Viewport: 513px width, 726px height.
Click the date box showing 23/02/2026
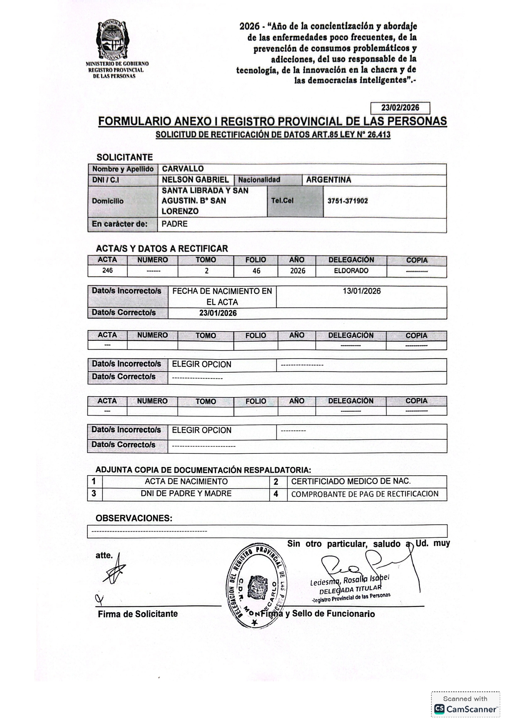coord(400,108)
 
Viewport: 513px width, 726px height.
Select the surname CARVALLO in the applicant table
coord(183,169)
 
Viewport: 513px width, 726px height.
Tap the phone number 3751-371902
coord(348,201)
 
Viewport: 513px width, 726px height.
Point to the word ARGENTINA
coord(328,180)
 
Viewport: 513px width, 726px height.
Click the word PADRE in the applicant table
coord(175,224)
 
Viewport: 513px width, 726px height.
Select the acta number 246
coord(108,271)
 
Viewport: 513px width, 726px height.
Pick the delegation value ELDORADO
coord(351,271)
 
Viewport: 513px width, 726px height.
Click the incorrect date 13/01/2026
coord(362,291)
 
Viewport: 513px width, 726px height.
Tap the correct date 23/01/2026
coord(218,313)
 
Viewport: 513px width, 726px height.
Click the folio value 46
coord(256,271)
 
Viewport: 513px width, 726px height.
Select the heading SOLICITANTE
coord(125,157)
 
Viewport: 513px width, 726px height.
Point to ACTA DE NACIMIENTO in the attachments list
coord(186,482)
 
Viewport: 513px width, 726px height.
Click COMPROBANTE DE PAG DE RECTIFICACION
coord(364,494)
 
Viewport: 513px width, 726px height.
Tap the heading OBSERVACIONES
coord(134,518)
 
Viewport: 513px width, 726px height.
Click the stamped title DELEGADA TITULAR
coord(350,589)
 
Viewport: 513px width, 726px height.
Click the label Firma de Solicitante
coord(138,614)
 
